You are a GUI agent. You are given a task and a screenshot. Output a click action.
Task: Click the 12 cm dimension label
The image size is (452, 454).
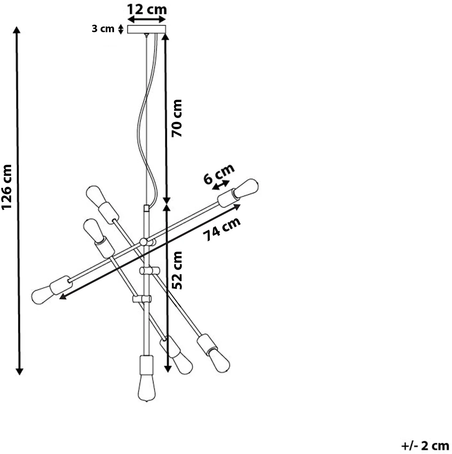[x=147, y=10]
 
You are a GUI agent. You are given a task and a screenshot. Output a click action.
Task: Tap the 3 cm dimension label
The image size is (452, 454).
[x=103, y=29]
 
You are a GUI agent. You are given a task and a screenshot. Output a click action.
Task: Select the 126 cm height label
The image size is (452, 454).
[x=6, y=187]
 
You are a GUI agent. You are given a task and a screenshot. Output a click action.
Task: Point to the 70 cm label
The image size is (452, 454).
[x=177, y=118]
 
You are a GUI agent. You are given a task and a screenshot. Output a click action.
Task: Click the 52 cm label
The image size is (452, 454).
[x=177, y=270]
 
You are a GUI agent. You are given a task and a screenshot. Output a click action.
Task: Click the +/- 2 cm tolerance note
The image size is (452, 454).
[x=425, y=446]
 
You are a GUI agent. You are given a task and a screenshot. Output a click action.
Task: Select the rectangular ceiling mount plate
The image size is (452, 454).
[x=146, y=29]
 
